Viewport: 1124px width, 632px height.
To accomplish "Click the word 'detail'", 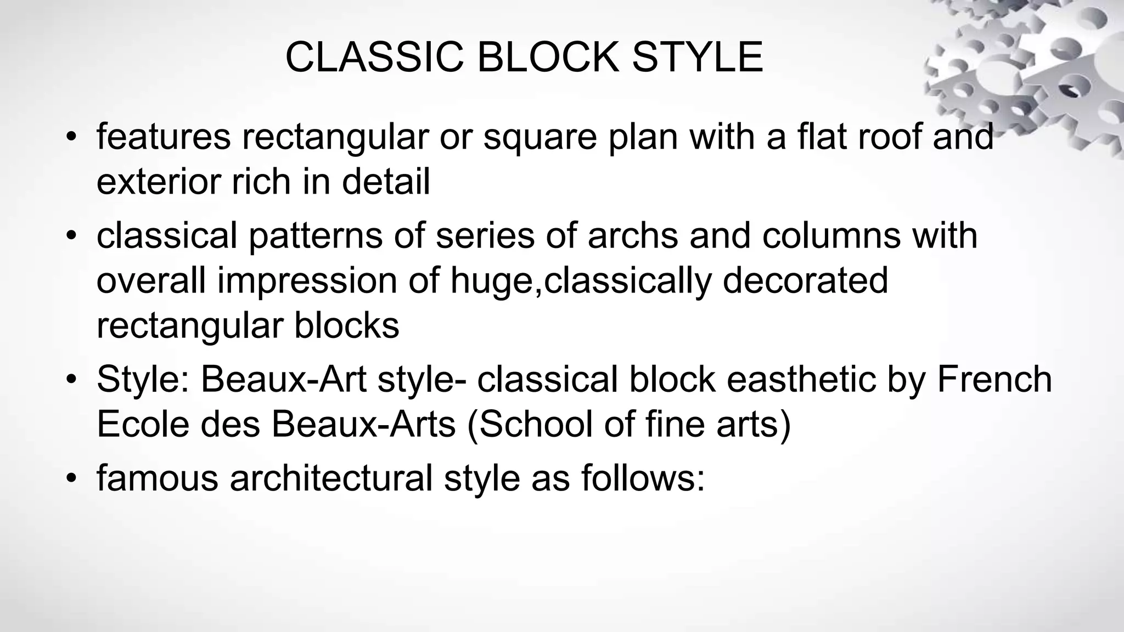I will [x=386, y=182].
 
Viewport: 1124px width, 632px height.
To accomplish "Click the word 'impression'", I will [x=307, y=281].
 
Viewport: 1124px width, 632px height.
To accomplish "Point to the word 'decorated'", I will [x=805, y=281].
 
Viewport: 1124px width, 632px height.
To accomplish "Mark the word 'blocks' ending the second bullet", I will [x=346, y=326].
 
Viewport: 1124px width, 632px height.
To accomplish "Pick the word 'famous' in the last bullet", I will [x=158, y=478].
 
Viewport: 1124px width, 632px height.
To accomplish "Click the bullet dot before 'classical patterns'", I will [x=70, y=236].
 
